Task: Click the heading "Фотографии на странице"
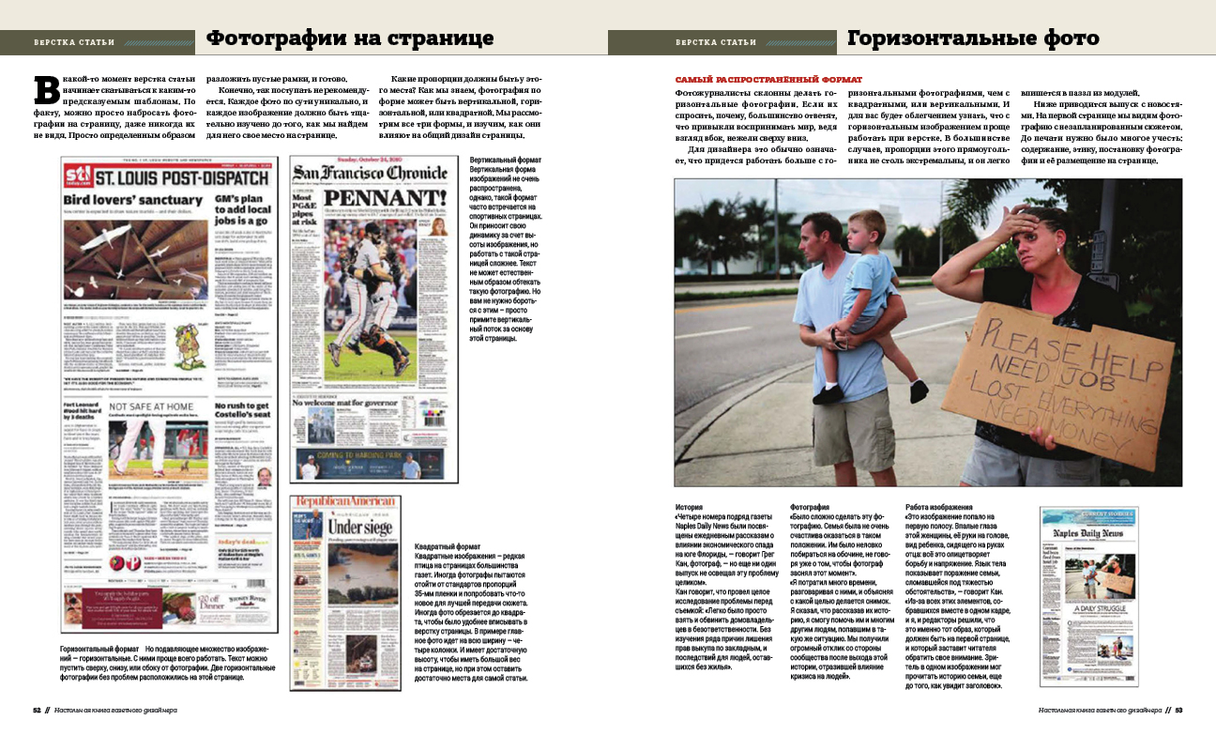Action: pyautogui.click(x=349, y=39)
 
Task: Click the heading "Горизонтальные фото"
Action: pyautogui.click(x=972, y=39)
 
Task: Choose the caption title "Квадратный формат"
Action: pyautogui.click(x=448, y=546)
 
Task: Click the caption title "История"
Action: pyautogui.click(x=689, y=507)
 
